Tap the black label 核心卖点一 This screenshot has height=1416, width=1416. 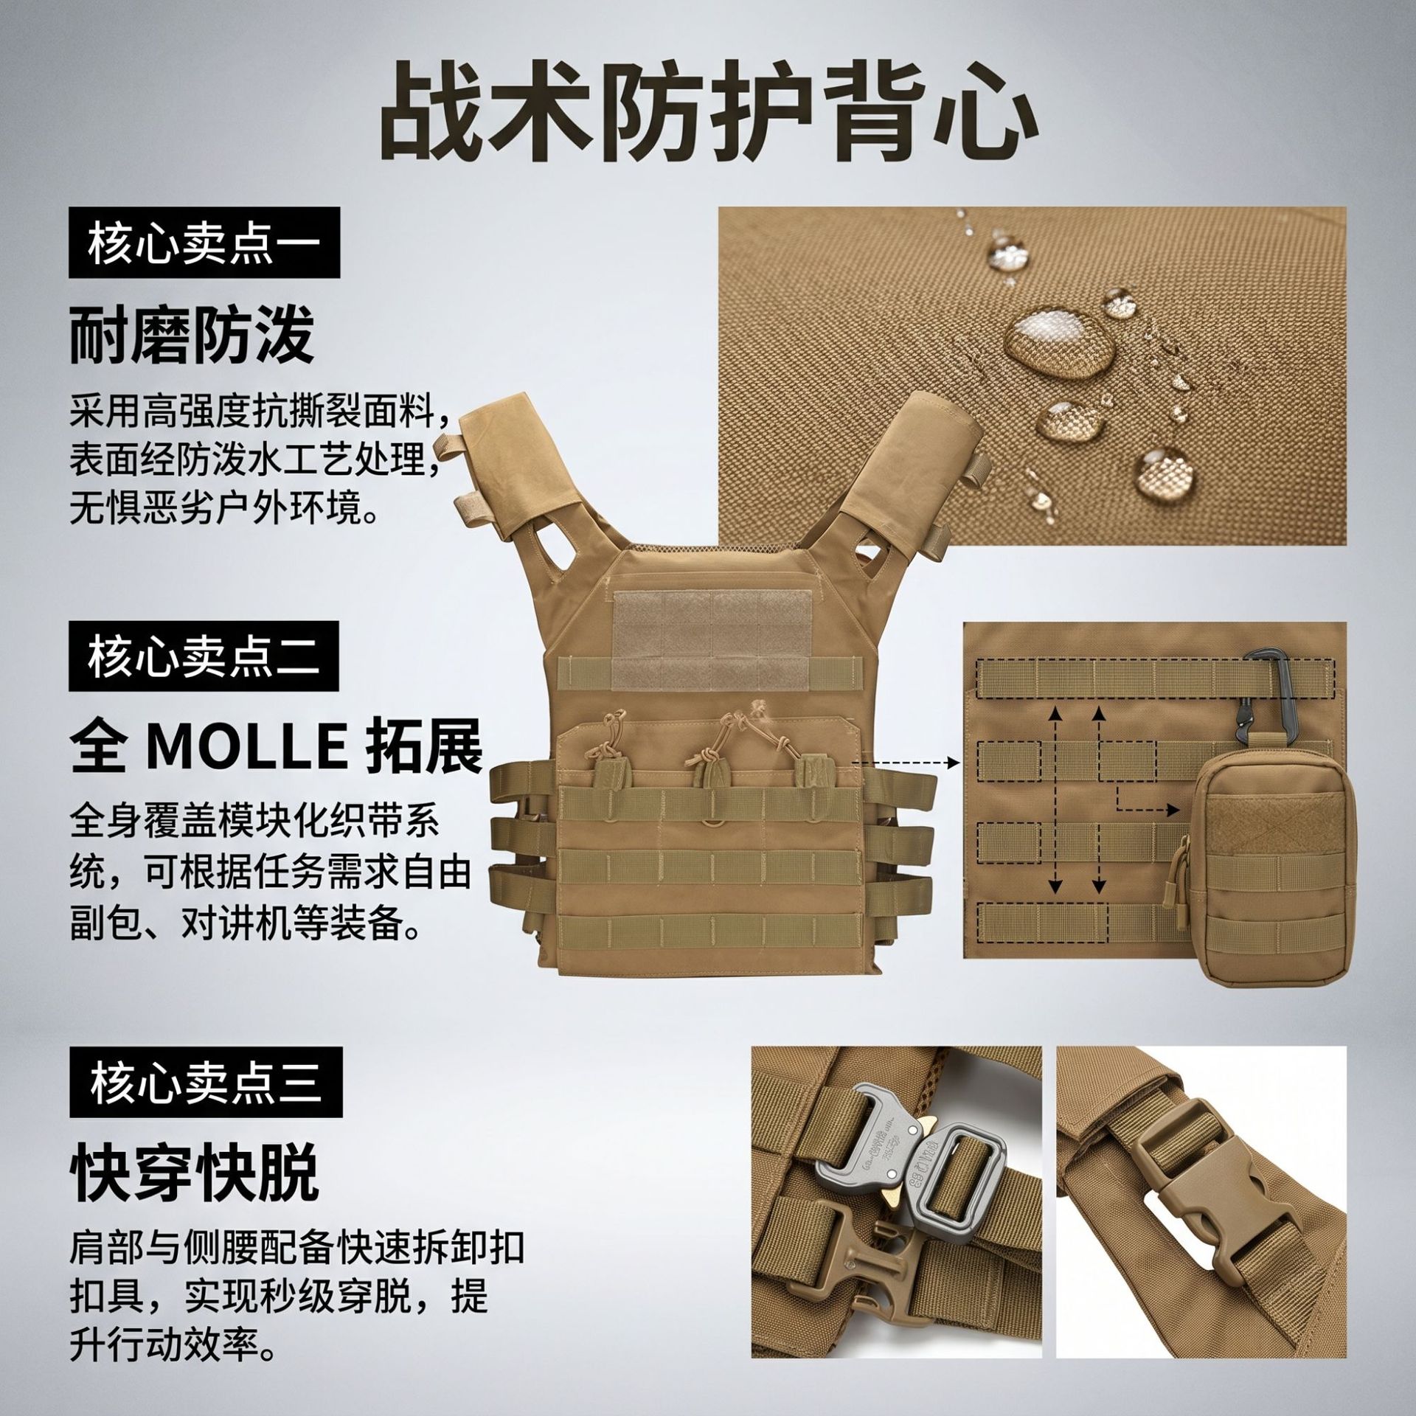pos(204,242)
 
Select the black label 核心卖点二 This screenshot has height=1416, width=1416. pos(204,656)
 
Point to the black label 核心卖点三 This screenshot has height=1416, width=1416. pos(206,1084)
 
